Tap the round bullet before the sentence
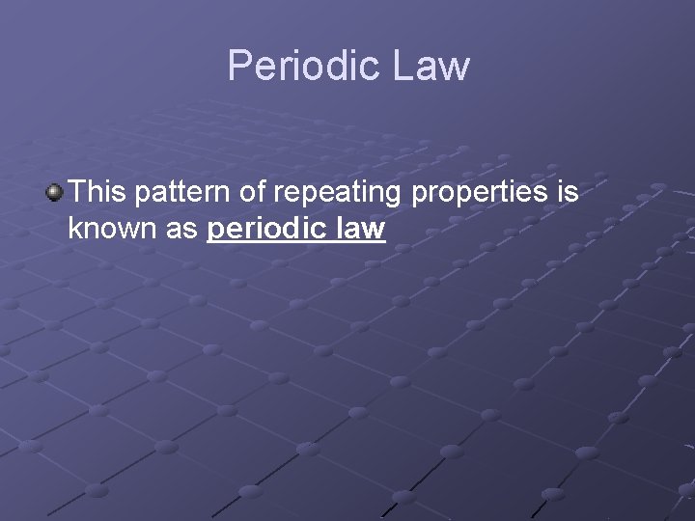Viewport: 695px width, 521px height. coord(55,193)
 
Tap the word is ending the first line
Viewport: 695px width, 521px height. coord(568,192)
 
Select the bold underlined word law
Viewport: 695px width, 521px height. coord(363,231)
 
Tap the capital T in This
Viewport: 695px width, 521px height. coord(77,192)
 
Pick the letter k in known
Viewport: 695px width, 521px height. coord(74,231)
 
